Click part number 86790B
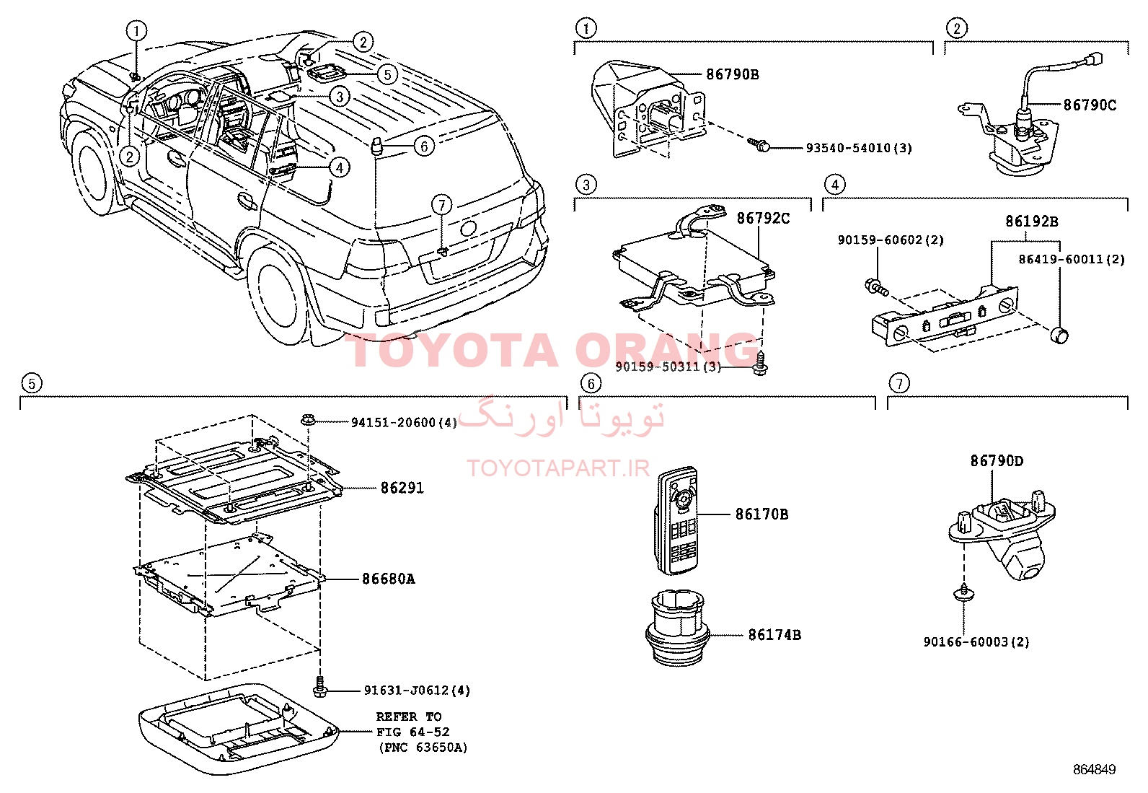pyautogui.click(x=733, y=74)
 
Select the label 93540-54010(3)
pyautogui.click(x=860, y=148)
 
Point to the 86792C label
pyautogui.click(x=763, y=219)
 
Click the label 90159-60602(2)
pyautogui.click(x=891, y=240)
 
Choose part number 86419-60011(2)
pyautogui.click(x=1072, y=260)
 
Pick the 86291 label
pyautogui.click(x=402, y=488)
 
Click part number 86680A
pyautogui.click(x=389, y=579)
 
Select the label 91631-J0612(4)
pyautogui.click(x=418, y=691)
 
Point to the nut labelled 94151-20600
pyautogui.click(x=307, y=420)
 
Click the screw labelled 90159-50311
pyautogui.click(x=761, y=364)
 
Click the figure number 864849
pyautogui.click(x=1094, y=769)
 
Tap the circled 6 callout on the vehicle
pyautogui.click(x=424, y=146)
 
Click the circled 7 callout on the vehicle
pyautogui.click(x=442, y=205)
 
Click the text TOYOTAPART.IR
pyautogui.click(x=558, y=468)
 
